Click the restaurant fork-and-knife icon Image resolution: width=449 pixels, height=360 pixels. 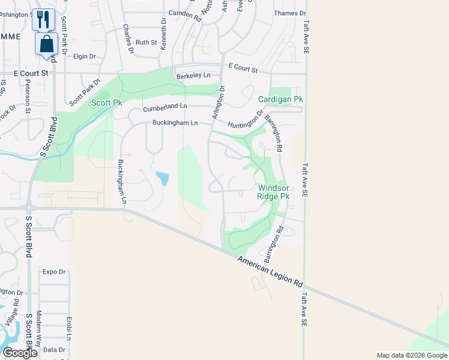43,19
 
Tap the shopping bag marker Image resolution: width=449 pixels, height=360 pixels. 47,44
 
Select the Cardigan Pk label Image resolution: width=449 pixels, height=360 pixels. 280,99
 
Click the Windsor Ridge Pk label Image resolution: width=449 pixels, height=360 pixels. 273,192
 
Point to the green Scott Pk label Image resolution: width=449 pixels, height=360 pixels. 106,103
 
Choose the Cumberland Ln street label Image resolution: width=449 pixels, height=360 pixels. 165,107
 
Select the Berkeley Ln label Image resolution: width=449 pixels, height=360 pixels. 193,76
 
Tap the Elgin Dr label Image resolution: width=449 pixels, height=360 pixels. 84,56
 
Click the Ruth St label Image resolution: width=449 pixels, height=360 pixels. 146,43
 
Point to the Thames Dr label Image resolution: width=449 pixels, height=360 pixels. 289,13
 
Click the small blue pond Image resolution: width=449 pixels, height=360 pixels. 162,178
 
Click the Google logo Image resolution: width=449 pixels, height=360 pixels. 20,353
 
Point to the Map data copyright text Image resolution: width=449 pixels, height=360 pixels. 412,355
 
